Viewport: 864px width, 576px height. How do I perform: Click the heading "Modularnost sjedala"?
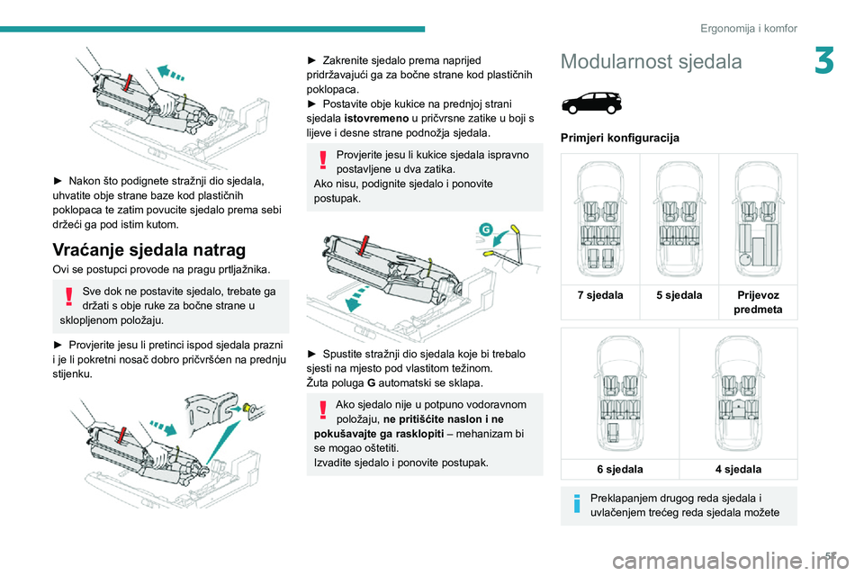[651, 61]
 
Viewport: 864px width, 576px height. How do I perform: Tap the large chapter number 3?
[824, 60]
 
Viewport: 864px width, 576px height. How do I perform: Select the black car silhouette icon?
[592, 103]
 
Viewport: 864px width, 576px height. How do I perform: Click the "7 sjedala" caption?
[600, 295]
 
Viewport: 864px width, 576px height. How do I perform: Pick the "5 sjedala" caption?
[679, 295]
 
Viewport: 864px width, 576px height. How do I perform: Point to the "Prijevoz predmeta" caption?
[758, 302]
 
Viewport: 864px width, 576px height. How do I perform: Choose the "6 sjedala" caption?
[620, 469]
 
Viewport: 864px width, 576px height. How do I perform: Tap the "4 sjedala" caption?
[738, 469]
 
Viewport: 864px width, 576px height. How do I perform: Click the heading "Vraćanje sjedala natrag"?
[148, 249]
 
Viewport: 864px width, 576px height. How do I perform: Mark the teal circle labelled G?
[485, 229]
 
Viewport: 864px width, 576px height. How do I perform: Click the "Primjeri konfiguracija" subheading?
[620, 138]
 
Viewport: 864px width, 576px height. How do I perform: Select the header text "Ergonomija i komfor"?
[748, 28]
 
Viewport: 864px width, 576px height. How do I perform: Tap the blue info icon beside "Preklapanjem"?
[577, 503]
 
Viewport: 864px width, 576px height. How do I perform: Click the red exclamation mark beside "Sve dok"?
[69, 296]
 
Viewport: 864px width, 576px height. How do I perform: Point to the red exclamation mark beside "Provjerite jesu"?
[323, 160]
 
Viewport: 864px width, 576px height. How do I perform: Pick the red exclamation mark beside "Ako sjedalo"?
[323, 410]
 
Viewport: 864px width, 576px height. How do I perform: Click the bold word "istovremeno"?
[376, 119]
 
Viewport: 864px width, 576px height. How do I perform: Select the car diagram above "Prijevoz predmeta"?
[758, 220]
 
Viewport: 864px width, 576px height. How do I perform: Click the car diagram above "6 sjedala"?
[620, 393]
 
